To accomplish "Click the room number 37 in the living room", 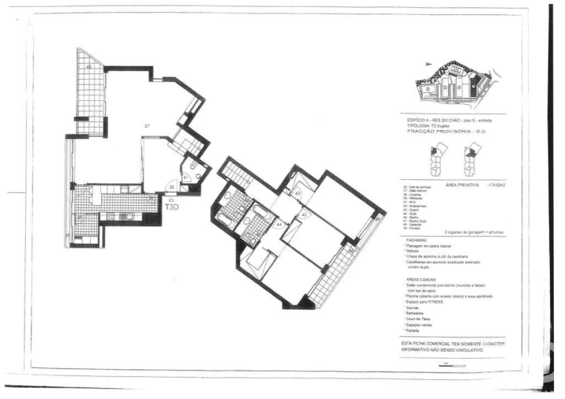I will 147,125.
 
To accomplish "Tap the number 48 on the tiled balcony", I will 89,68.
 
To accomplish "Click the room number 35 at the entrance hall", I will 172,188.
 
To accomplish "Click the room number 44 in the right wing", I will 279,224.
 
